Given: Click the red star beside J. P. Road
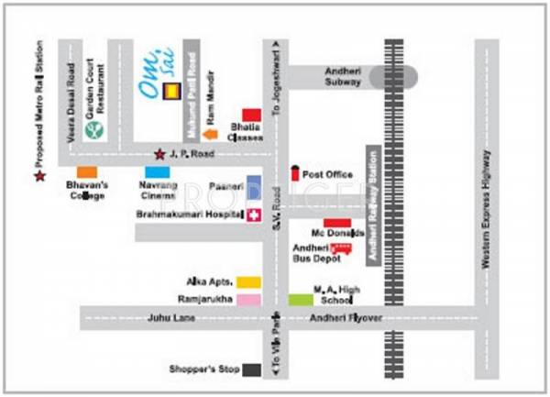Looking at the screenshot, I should coord(159,154).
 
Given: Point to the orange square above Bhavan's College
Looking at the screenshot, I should coord(86,171).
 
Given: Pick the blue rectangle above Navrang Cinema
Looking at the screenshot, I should coord(157,171).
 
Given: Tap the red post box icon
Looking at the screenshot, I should coord(294,173).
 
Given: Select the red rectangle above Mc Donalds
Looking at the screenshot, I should coord(337,223).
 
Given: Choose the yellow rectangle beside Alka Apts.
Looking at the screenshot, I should coord(248,281).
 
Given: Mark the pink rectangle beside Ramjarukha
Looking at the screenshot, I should coord(248,299).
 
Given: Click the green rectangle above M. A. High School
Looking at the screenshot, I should coord(300,299).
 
